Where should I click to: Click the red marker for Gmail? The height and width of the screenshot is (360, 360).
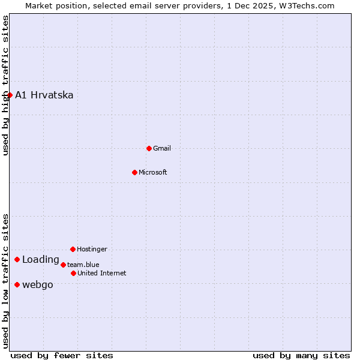(149, 148)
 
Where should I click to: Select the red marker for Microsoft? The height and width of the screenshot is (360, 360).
(134, 172)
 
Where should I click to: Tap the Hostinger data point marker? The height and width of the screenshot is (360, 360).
(73, 249)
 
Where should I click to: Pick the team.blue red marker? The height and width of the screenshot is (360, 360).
(63, 265)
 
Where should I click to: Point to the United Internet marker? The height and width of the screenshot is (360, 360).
(73, 273)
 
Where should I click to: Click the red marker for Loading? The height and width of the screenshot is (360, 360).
(17, 260)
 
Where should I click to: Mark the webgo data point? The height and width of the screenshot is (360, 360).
(17, 284)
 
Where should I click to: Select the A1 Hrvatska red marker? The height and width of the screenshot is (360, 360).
(10, 95)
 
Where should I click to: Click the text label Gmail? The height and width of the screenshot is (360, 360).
(162, 148)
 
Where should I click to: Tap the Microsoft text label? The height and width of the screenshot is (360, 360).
(153, 172)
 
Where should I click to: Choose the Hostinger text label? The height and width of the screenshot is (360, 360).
(92, 249)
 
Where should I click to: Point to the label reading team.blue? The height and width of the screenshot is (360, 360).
(83, 265)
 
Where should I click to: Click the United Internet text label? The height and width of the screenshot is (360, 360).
(102, 273)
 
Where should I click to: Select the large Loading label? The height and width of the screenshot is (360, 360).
(41, 260)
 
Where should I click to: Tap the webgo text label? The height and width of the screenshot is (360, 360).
(38, 284)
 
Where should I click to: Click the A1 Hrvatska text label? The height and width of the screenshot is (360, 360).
(44, 95)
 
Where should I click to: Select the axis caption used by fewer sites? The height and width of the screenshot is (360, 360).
(62, 355)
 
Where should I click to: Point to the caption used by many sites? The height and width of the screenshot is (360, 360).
(301, 355)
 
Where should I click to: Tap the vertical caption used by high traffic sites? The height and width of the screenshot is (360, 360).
(5, 85)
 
